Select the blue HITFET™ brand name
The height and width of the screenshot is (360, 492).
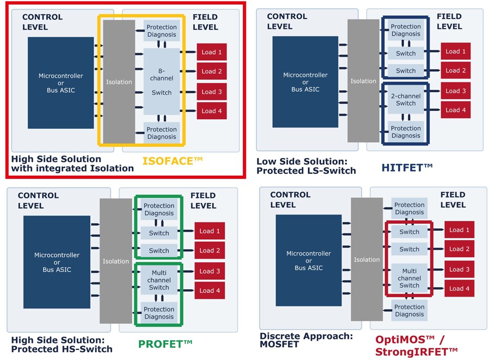408,167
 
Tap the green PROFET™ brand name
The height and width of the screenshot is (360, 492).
165,344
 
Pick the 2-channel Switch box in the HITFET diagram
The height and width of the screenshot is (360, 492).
405,100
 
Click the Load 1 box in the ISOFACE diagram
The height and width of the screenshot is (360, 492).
212,52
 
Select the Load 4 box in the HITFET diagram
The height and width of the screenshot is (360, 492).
456,110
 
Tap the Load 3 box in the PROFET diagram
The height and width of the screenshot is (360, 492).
210,271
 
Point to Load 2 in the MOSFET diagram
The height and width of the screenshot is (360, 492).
459,249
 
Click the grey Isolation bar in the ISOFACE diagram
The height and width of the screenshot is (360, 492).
119,82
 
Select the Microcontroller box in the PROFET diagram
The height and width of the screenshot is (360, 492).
57,262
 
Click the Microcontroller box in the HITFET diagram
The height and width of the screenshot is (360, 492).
305,82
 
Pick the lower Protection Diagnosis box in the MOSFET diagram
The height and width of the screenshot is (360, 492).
409,311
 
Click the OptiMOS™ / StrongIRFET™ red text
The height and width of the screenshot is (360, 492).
416,345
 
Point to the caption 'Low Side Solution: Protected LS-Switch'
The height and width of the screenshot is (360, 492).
306,166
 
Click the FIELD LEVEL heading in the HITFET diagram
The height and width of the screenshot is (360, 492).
449,20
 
